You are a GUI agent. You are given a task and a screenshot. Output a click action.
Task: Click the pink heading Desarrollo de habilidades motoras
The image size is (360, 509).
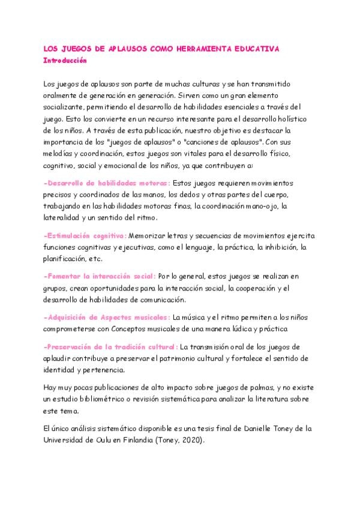[107, 183]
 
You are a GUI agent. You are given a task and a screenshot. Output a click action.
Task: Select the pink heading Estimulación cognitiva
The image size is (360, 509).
[85, 235]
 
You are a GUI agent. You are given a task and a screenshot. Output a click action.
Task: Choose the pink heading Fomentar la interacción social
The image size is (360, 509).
[99, 276]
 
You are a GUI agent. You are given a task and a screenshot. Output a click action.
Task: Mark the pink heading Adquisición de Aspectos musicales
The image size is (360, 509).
[107, 317]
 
